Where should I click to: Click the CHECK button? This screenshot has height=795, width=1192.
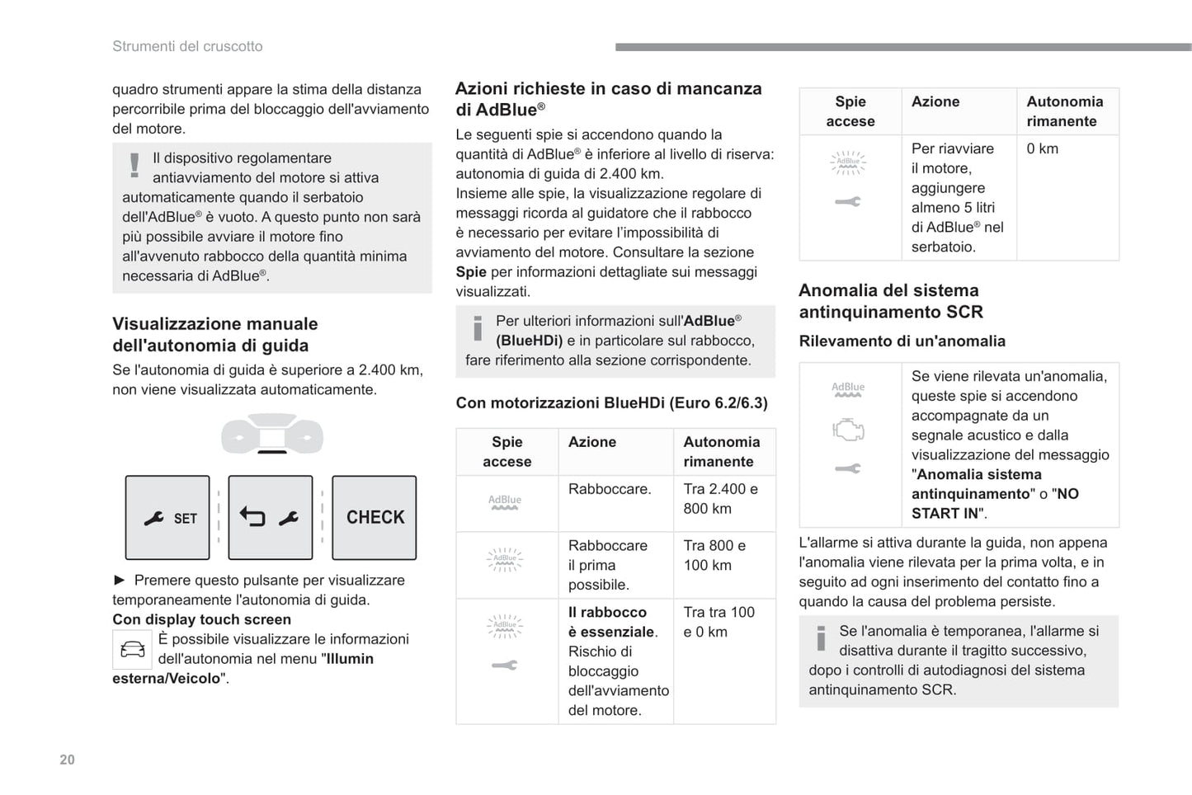pyautogui.click(x=375, y=518)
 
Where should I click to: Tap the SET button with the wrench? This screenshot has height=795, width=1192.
pyautogui.click(x=167, y=518)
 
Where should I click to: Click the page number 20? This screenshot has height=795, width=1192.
pyautogui.click(x=68, y=760)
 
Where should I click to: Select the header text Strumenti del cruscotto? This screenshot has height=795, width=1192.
pyautogui.click(x=187, y=46)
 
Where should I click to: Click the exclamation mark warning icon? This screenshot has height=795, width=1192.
pyautogui.click(x=134, y=165)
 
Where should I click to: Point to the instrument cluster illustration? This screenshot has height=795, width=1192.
pyautogui.click(x=272, y=434)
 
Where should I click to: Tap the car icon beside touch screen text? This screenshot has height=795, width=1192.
pyautogui.click(x=132, y=650)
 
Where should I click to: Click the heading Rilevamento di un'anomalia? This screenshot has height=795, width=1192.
pyautogui.click(x=902, y=341)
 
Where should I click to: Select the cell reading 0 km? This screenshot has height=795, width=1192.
pyautogui.click(x=1042, y=148)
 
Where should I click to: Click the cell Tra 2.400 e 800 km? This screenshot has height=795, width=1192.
pyautogui.click(x=720, y=499)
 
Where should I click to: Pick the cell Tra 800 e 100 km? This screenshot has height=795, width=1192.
pyautogui.click(x=714, y=555)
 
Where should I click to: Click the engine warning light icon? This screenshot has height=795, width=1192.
pyautogui.click(x=848, y=430)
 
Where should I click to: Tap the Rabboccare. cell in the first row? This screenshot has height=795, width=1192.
pyautogui.click(x=610, y=489)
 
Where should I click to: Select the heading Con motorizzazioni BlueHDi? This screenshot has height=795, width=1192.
pyautogui.click(x=611, y=402)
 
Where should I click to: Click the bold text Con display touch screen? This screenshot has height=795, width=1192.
pyautogui.click(x=201, y=619)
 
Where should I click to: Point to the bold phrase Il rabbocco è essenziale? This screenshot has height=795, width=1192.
pyautogui.click(x=612, y=622)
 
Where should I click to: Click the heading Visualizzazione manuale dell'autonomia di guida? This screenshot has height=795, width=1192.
pyautogui.click(x=214, y=335)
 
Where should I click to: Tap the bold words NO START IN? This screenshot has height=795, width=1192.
pyautogui.click(x=995, y=504)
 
